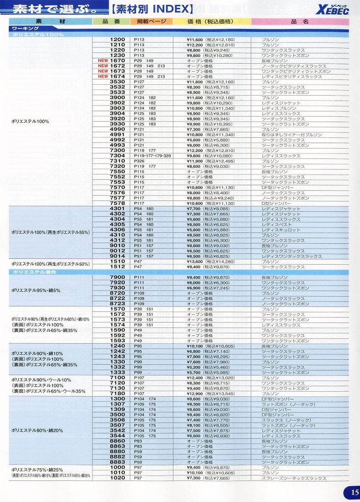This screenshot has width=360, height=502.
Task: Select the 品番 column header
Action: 111,22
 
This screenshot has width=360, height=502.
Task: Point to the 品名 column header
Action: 299,22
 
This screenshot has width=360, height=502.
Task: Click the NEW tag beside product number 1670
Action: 103,61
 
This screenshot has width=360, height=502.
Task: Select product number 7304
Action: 118,156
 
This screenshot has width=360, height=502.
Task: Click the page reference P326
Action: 139,161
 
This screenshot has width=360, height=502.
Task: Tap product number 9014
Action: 118,256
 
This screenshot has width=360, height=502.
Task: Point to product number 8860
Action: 118,441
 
